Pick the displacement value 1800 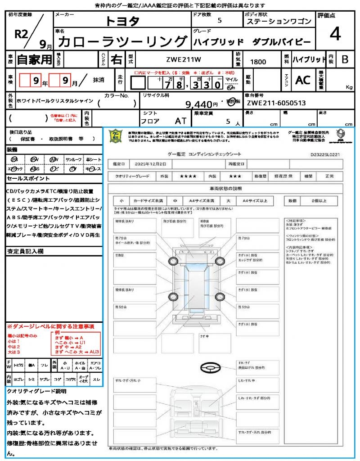click(258, 62)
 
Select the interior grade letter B click(345, 59)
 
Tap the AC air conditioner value click(302, 80)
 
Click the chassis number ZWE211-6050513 click(276, 103)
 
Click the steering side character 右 click(116, 59)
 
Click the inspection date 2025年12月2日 click(148, 163)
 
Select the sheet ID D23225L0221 click(325, 154)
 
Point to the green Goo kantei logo click(116, 135)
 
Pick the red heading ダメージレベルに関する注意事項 click(50, 326)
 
